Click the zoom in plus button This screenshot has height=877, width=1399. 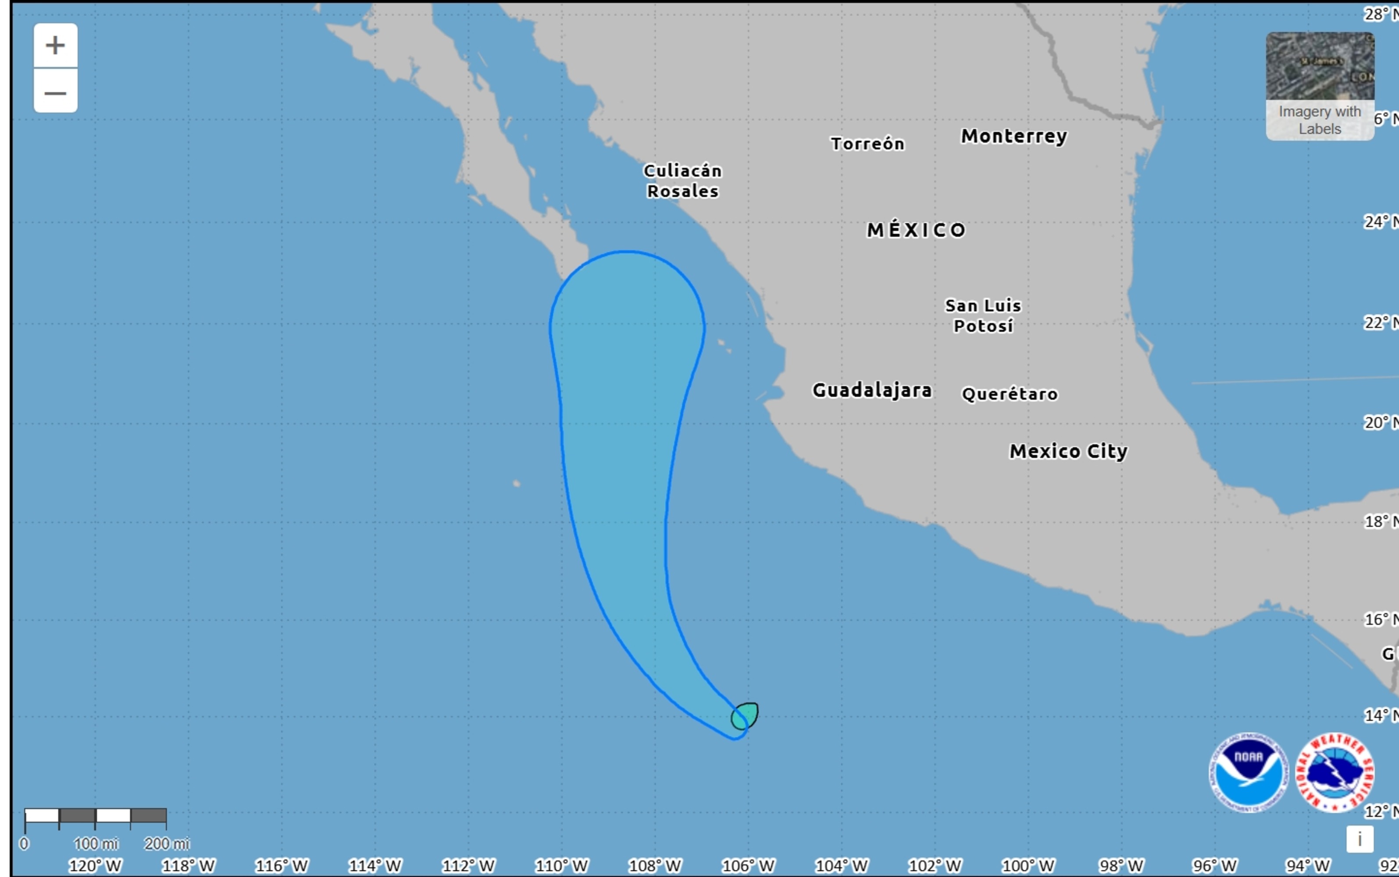click(x=55, y=45)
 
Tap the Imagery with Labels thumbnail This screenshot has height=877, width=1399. click(x=1320, y=86)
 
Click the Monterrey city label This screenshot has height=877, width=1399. click(x=1014, y=136)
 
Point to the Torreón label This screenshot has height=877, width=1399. click(x=868, y=144)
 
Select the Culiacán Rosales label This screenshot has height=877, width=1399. click(x=683, y=181)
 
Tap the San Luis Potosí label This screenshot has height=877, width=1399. click(x=983, y=316)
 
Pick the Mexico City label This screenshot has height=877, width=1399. click(x=1068, y=451)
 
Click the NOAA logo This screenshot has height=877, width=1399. click(x=1248, y=773)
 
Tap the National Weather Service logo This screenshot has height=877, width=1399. click(x=1335, y=773)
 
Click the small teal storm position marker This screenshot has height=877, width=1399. click(x=745, y=716)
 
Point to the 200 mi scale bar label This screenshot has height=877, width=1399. click(x=167, y=843)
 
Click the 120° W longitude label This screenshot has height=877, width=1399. click(x=95, y=866)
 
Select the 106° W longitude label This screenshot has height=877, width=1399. click(x=748, y=866)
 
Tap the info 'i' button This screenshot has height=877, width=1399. click(x=1360, y=839)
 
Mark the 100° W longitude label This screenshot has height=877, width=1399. click(x=1028, y=866)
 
